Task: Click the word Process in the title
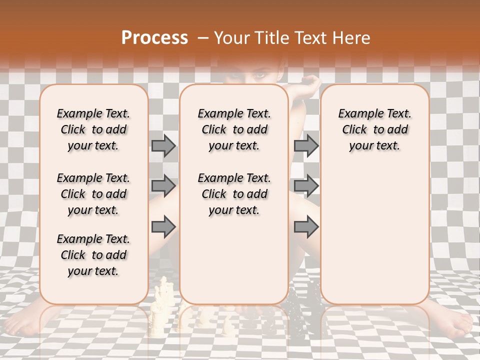pos(154,37)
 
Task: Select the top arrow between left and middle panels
pos(163,145)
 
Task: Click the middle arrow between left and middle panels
pos(163,186)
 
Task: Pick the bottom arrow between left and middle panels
pos(163,226)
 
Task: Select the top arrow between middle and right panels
pos(306,145)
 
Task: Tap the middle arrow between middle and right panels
pos(306,186)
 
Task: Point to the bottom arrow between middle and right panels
pos(306,226)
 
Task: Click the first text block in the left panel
pos(93,129)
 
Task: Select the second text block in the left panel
pos(93,194)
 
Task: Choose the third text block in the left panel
pos(93,255)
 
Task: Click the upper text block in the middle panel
pos(234,129)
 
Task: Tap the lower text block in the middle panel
pos(234,194)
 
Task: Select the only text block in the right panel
pos(375,129)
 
